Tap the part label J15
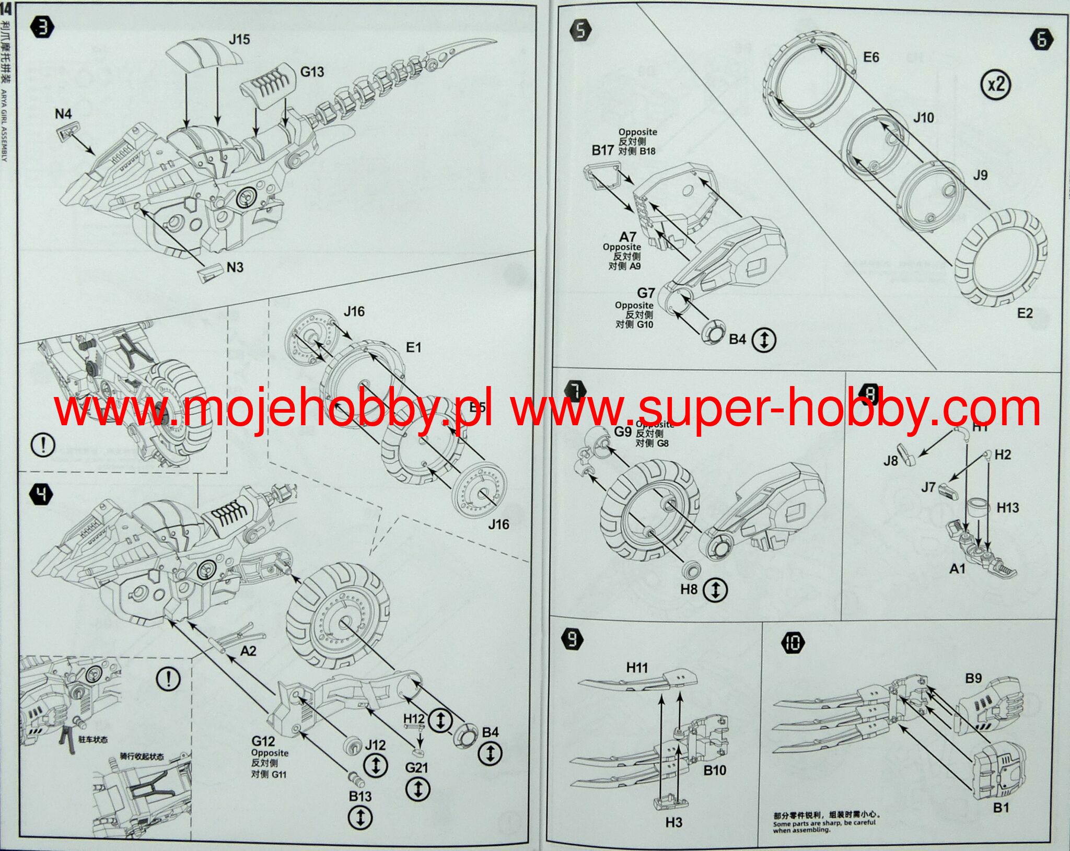[239, 40]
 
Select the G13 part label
[312, 72]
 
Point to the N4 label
[63, 114]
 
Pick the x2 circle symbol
[996, 84]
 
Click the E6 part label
[871, 57]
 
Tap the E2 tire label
[1025, 313]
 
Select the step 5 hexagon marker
[580, 31]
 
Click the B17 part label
[602, 150]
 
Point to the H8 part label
[689, 590]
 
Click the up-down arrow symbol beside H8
[715, 590]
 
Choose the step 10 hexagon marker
[793, 643]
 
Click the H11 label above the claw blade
[637, 668]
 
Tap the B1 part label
[1001, 808]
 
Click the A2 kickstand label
[248, 651]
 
